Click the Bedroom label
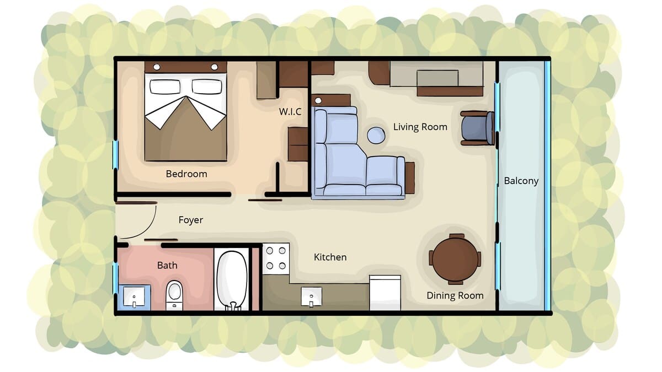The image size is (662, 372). tap(186, 174)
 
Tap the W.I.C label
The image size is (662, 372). tap(290, 111)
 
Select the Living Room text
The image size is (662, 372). tap(420, 127)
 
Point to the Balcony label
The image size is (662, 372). tap(521, 181)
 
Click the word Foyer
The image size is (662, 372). tap(191, 220)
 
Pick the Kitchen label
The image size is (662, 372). tap(330, 257)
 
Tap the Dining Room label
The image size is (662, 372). tap(455, 295)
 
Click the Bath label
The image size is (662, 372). tap(167, 266)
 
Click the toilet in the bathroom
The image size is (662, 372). tap(174, 295)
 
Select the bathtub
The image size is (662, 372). tap(232, 281)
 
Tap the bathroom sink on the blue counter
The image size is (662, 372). tap(134, 296)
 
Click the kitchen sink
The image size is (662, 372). tap(312, 296)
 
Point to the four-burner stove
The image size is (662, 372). tap(276, 259)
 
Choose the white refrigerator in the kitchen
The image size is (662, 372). tap(385, 293)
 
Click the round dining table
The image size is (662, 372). tap(455, 260)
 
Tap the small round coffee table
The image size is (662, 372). tap(376, 136)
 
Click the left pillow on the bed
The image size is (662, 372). tap(165, 87)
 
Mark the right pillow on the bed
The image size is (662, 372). tap(207, 87)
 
